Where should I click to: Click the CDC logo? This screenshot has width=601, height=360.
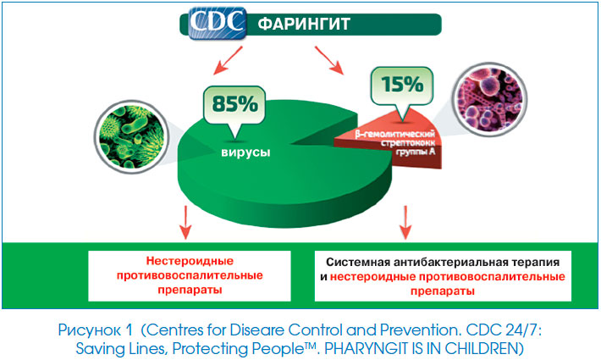(218, 23)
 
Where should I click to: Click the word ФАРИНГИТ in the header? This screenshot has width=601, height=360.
(304, 25)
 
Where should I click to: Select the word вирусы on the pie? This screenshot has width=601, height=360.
(245, 152)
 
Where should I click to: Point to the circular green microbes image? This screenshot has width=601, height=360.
(131, 137)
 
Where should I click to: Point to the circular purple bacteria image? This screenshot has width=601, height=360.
(489, 99)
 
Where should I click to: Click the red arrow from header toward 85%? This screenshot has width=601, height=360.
(228, 60)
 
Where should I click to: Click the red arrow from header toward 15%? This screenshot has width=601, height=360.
(329, 60)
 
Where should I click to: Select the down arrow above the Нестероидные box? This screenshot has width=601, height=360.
(185, 223)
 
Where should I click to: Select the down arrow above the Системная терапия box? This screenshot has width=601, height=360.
(405, 223)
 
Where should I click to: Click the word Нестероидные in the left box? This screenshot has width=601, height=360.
(190, 261)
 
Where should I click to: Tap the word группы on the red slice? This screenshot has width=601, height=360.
(411, 152)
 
